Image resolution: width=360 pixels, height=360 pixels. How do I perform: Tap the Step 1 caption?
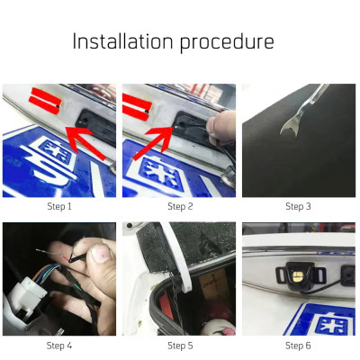(58, 206)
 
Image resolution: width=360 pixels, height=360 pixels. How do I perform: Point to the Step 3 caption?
(298, 206)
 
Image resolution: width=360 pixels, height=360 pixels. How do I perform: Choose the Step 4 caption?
(58, 345)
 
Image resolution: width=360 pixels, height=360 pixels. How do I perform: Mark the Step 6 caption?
(298, 345)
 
